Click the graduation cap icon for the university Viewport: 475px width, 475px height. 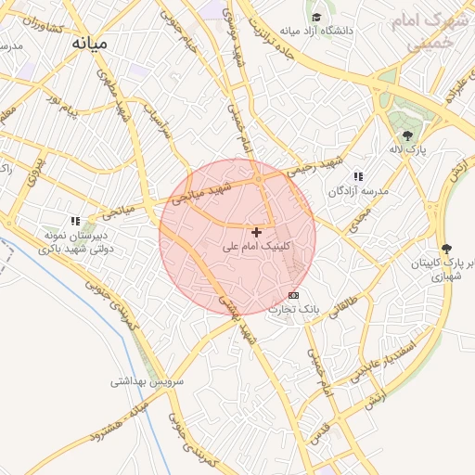point(317,17)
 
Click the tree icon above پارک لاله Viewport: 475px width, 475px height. point(406,135)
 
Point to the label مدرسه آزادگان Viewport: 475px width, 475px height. point(357,190)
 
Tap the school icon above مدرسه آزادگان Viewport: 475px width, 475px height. point(358,176)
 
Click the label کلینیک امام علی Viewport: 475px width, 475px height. point(257,247)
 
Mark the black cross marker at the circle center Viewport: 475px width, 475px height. point(256,231)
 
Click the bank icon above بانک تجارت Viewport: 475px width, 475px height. point(294,295)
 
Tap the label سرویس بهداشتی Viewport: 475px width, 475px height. point(148,380)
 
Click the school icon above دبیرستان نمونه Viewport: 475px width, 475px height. point(75,221)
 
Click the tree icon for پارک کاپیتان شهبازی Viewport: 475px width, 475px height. point(446,249)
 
